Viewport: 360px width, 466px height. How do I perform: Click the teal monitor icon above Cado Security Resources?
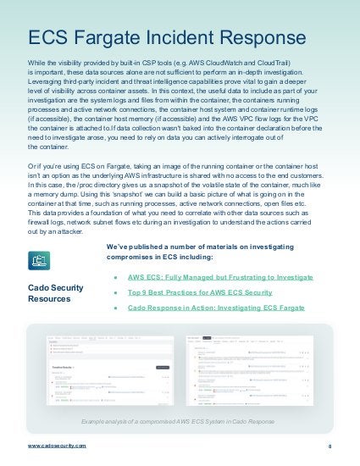39,258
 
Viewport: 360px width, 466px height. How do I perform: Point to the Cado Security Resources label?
56,293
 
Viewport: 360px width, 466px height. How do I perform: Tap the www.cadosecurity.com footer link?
57,445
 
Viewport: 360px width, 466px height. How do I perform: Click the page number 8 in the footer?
330,446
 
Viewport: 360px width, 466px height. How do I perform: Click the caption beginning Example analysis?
180,420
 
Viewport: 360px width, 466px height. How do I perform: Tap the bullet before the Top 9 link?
114,292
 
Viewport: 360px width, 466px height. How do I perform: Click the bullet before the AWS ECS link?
114,276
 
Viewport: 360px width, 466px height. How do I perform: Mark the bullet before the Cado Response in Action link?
114,308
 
